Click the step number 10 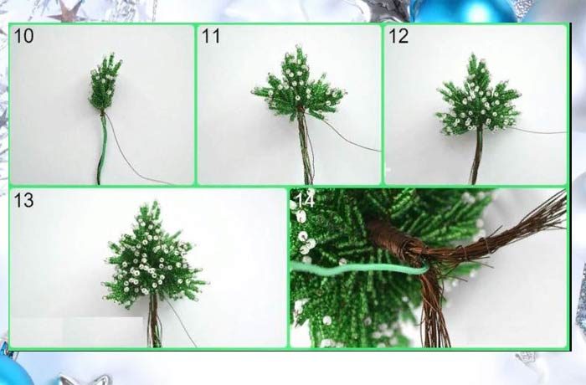click(x=23, y=36)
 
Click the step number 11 click(x=210, y=36)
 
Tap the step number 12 click(x=398, y=36)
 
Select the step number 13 click(x=23, y=200)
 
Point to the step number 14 click(x=305, y=200)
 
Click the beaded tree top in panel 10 click(x=105, y=82)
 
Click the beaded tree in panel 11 click(x=298, y=84)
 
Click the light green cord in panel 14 click(x=359, y=268)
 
